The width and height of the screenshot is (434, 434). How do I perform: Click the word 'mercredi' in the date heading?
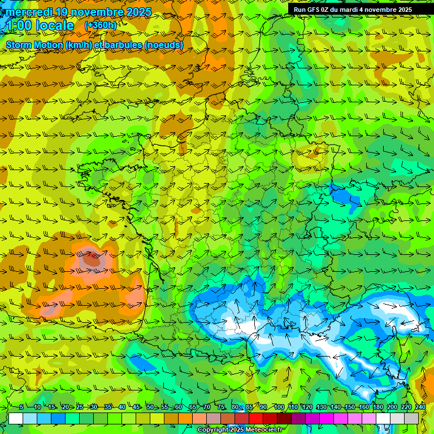click(x=29, y=12)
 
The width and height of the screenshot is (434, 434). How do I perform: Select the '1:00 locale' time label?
click(x=40, y=25)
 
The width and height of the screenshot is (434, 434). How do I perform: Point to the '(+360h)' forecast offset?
click(x=101, y=25)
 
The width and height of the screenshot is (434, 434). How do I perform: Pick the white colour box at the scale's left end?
click(x=16, y=418)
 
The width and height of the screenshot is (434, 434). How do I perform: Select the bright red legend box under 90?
click(x=257, y=418)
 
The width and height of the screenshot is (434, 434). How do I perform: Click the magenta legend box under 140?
click(x=341, y=418)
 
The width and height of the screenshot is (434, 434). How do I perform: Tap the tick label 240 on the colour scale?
click(x=420, y=407)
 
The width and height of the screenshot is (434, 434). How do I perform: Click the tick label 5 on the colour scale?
click(x=21, y=407)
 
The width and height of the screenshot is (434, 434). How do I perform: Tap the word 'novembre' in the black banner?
click(x=379, y=10)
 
